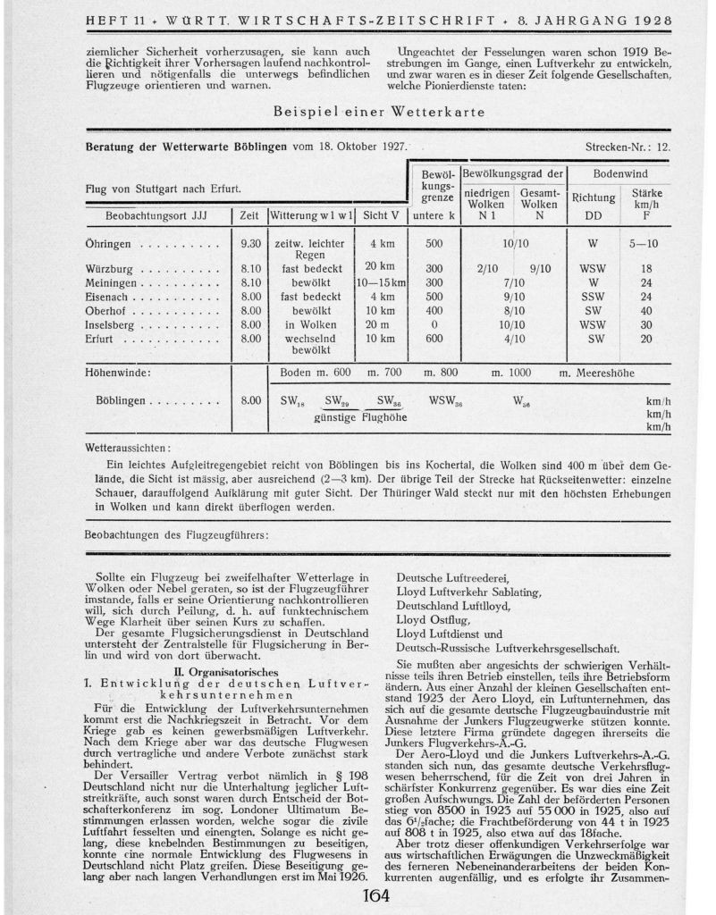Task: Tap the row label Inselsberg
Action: point(110,325)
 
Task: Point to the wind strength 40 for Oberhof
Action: point(646,311)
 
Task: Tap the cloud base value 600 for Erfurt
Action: point(434,340)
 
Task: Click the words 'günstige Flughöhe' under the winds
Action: point(355,417)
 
